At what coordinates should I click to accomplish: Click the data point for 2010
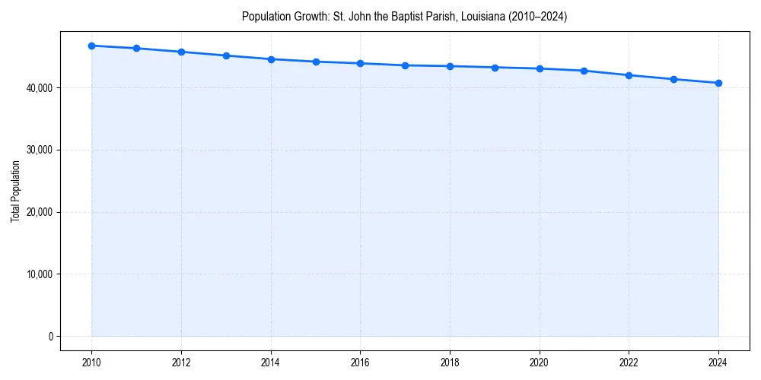(x=91, y=46)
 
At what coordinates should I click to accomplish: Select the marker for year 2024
(x=718, y=83)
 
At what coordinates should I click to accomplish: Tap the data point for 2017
(x=405, y=65)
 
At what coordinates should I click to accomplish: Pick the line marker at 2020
(x=540, y=68)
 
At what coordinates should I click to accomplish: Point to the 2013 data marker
(x=226, y=55)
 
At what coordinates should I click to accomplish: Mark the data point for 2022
(x=629, y=75)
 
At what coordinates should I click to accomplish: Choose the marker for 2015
(x=316, y=62)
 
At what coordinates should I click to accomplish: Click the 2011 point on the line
(x=136, y=48)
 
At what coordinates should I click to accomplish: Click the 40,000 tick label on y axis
(x=39, y=88)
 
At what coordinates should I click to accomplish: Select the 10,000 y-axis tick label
(x=39, y=274)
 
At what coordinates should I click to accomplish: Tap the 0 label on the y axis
(x=50, y=337)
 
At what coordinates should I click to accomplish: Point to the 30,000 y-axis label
(x=39, y=150)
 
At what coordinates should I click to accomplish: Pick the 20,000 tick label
(x=39, y=212)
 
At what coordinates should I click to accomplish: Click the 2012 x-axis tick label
(x=181, y=363)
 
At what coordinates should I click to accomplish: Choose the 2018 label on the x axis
(x=450, y=363)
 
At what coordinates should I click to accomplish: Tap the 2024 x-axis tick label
(x=718, y=363)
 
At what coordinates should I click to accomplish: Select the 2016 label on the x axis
(x=360, y=363)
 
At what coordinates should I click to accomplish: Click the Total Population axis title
(x=15, y=191)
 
